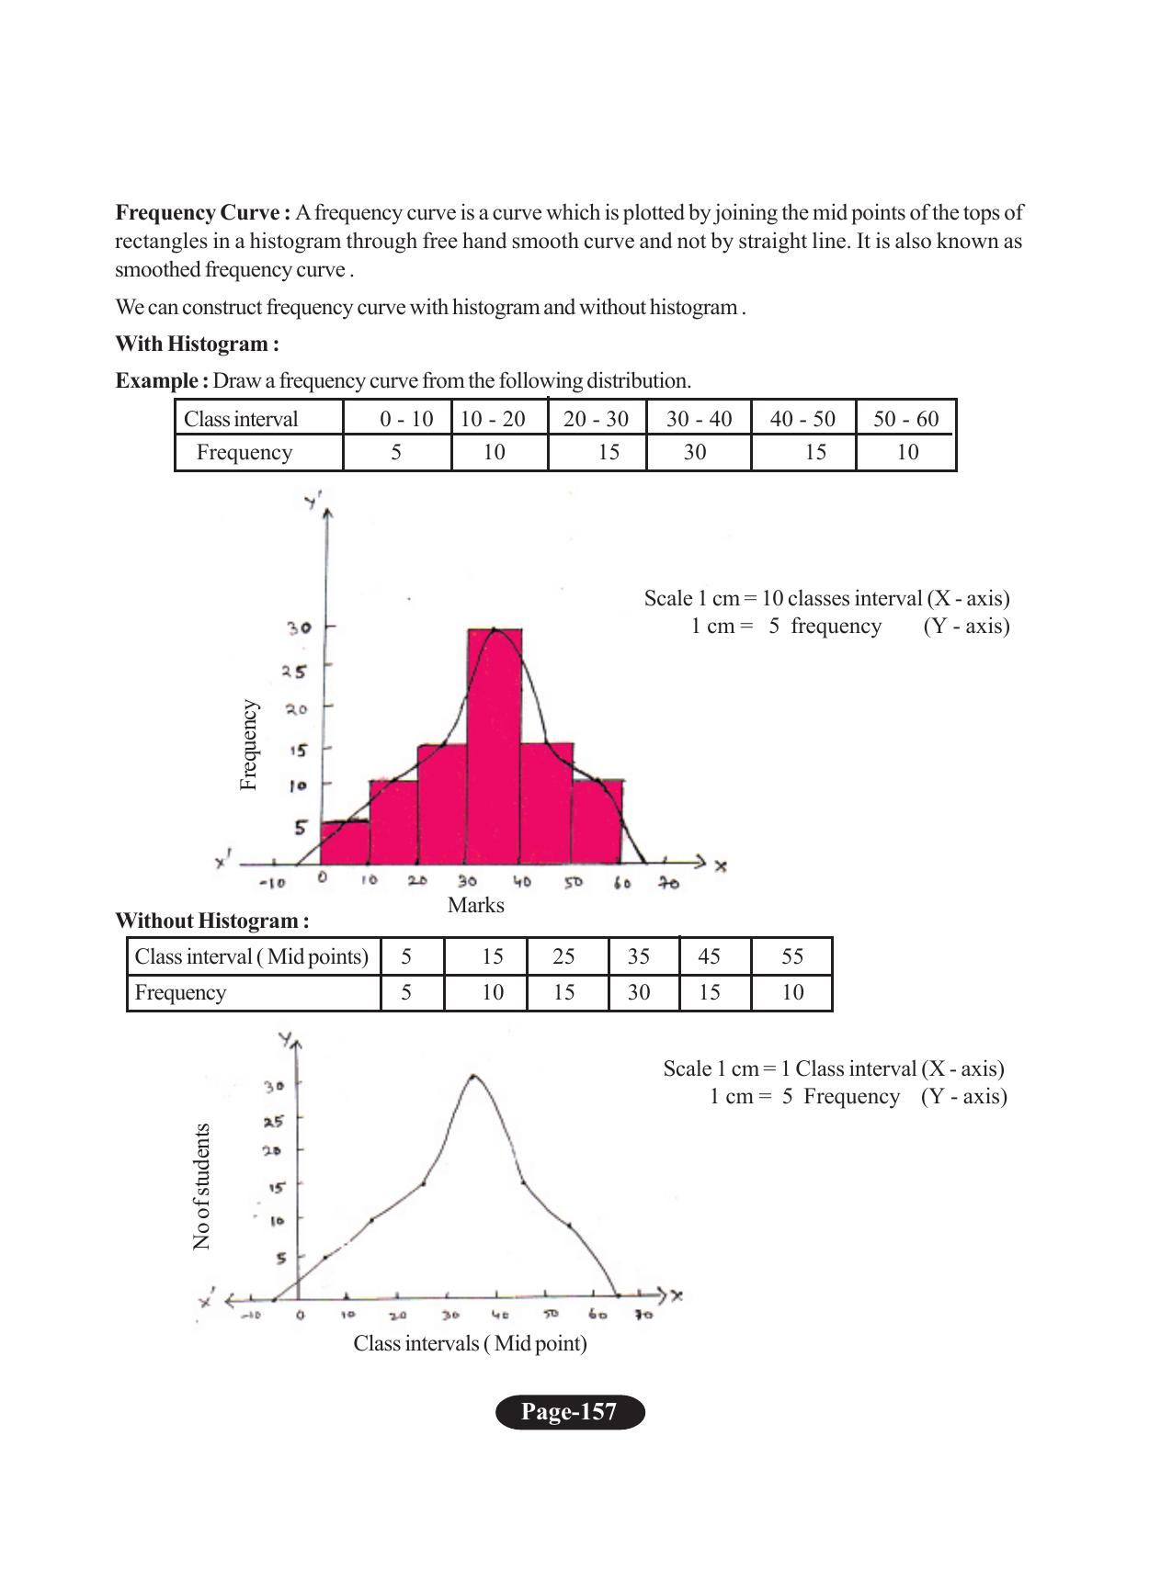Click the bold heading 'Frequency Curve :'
click(202, 213)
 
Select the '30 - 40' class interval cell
click(699, 419)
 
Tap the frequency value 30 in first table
click(695, 452)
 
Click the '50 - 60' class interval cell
click(905, 419)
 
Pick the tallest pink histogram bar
click(495, 744)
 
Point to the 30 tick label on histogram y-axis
click(299, 628)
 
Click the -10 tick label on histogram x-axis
click(272, 883)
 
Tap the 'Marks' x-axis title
click(475, 905)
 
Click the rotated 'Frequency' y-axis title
click(248, 744)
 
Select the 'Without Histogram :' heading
click(211, 921)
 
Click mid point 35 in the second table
click(638, 956)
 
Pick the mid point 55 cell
click(792, 956)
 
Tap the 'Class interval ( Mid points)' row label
click(251, 956)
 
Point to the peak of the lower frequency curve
click(473, 1076)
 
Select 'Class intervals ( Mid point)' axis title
click(470, 1343)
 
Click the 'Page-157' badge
click(570, 1412)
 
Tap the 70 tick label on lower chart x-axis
click(643, 1315)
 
